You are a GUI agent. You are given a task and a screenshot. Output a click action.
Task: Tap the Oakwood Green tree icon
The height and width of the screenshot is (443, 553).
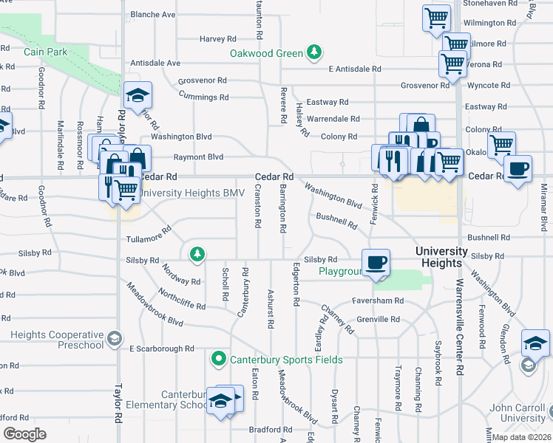tap(315, 52)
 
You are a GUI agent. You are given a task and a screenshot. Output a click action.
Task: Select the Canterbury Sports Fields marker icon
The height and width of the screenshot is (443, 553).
tap(218, 360)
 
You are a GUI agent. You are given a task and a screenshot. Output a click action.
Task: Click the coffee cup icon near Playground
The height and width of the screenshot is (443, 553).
tap(376, 261)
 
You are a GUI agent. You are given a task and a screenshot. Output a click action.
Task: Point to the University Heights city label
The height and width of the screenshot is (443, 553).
tap(449, 257)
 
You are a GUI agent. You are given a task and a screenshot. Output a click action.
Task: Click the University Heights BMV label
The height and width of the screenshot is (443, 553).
tap(180, 193)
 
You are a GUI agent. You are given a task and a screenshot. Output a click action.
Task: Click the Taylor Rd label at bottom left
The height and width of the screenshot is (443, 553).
tap(117, 405)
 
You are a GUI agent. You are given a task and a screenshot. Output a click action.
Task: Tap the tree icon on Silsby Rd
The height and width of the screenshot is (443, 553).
tap(197, 255)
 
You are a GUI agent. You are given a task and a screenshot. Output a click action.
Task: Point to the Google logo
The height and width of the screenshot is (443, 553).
tap(24, 434)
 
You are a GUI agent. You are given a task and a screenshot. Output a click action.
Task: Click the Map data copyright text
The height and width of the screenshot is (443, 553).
tap(522, 437)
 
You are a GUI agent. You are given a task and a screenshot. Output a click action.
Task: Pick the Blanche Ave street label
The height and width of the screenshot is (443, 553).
tap(153, 14)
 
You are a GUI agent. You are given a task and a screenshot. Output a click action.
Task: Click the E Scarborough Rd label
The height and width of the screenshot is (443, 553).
tap(161, 348)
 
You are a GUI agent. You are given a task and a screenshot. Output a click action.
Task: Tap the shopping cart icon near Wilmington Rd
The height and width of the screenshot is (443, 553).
tap(436, 16)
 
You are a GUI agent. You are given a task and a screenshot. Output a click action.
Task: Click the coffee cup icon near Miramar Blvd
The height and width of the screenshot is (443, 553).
tap(518, 168)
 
